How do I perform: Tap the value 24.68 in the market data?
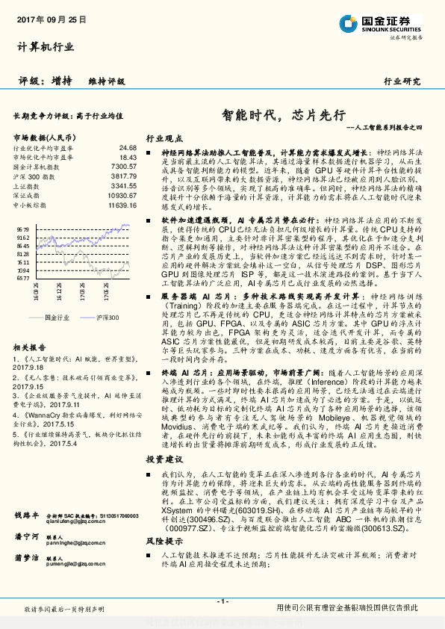(128, 148)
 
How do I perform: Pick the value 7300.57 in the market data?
(123, 167)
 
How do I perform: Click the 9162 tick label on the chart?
(22, 237)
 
